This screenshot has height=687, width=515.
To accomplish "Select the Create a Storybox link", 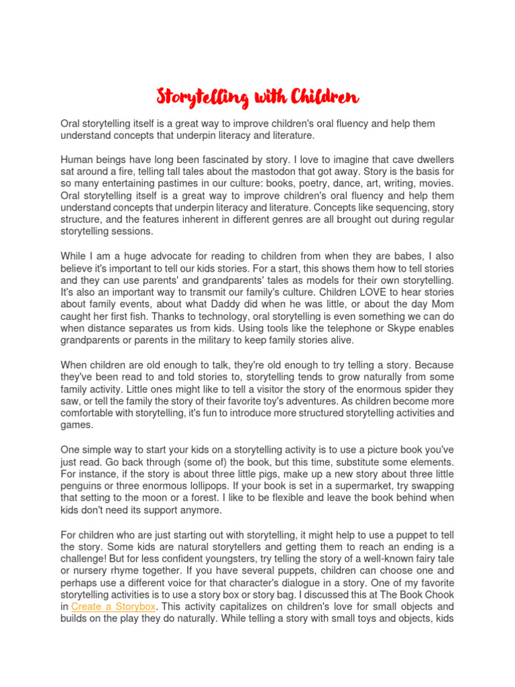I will pos(113,606).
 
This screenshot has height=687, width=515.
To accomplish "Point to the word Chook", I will pos(440,594).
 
